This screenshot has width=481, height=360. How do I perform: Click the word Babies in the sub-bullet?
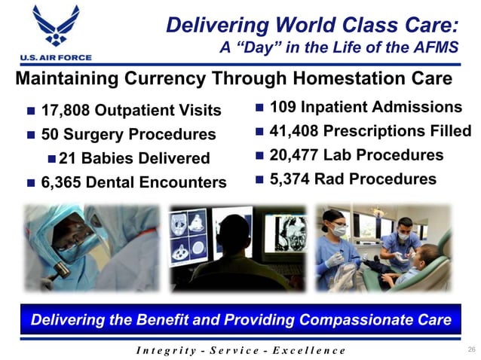pos(127,159)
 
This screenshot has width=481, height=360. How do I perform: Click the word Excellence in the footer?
pos(305,350)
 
